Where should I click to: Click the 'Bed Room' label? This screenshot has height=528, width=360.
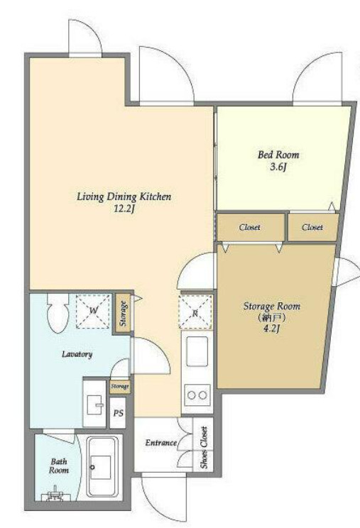(x=278, y=155)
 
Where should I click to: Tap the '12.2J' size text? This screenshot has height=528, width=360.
(x=124, y=209)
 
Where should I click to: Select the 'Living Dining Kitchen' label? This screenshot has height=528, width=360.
(x=124, y=197)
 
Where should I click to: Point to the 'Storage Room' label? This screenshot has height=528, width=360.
(x=272, y=307)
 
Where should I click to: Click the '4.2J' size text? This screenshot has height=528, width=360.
(x=272, y=329)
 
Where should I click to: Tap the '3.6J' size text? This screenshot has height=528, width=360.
(x=278, y=167)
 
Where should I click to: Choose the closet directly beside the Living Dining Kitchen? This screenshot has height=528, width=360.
(x=250, y=227)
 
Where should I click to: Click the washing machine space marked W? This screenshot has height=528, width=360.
(x=93, y=311)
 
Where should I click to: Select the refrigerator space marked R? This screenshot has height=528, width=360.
(x=195, y=312)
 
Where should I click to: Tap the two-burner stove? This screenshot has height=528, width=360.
(x=197, y=395)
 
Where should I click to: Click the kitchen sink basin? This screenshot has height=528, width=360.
(x=197, y=351)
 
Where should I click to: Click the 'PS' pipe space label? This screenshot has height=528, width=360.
(x=118, y=413)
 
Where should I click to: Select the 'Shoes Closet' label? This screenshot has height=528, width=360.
(x=204, y=448)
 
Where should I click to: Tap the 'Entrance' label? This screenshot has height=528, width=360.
(x=161, y=443)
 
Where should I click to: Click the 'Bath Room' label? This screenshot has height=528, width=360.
(x=59, y=466)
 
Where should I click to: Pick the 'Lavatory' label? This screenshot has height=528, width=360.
(x=77, y=354)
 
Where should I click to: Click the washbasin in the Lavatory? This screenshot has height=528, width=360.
(x=94, y=404)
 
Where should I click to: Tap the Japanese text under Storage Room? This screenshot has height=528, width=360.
(x=272, y=317)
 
